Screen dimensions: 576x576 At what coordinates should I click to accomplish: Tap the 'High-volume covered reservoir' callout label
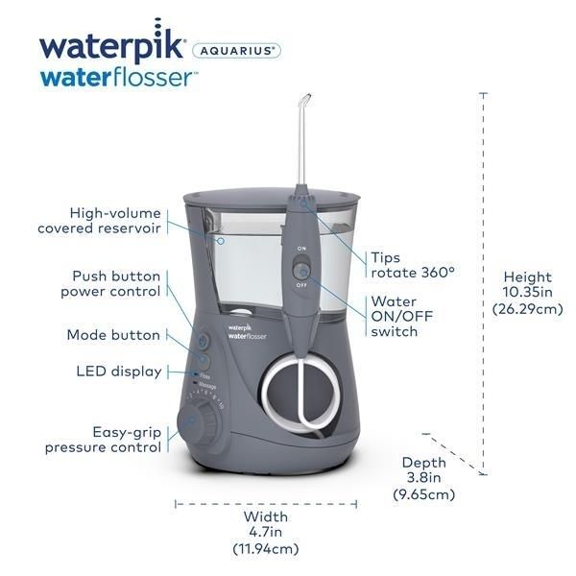(100, 221)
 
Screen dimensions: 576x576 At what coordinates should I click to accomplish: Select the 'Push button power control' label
(111, 283)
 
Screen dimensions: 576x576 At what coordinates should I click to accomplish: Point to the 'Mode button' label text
(113, 335)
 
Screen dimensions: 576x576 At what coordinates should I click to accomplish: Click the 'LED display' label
(119, 372)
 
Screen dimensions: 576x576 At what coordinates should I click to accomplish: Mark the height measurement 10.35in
(528, 293)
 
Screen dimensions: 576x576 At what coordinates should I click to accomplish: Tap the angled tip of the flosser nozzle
(305, 99)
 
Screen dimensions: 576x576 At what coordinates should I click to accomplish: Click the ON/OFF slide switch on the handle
(301, 272)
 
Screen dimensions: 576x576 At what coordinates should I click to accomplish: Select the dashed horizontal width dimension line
(265, 502)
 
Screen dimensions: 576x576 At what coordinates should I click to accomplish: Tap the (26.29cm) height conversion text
(528, 309)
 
